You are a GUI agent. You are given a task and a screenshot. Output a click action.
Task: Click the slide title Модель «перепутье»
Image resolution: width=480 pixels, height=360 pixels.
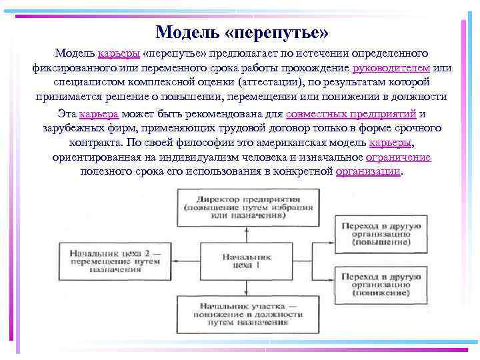click(241, 31)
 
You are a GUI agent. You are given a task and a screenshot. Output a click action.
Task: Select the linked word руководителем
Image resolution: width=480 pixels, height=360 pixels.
click(391, 67)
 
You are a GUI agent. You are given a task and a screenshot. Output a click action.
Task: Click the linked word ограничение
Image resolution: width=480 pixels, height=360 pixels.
click(399, 157)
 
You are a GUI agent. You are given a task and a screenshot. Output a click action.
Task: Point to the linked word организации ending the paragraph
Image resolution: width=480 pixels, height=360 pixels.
click(369, 171)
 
